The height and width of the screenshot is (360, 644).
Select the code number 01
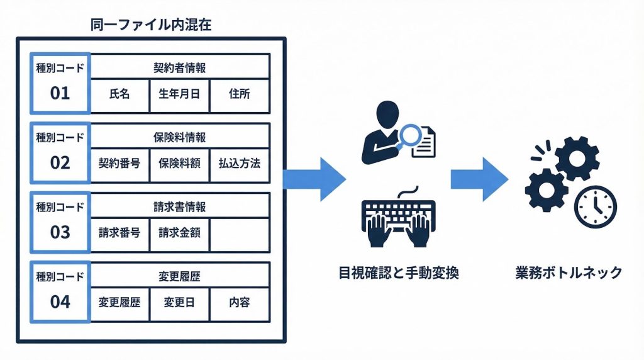pos(60,94)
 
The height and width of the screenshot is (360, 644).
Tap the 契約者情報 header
pos(180,67)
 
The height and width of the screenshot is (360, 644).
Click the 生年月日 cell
pos(179,94)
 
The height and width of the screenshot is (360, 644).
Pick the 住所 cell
pos(239,94)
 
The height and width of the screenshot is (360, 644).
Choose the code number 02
pos(60,163)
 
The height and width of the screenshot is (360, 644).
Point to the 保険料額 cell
pos(179,164)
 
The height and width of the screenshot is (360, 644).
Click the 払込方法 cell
pos(239,164)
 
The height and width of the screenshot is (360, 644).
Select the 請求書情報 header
pos(180,206)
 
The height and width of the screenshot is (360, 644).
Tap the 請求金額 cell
pos(179,232)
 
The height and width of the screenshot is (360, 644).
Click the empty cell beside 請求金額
pos(239,232)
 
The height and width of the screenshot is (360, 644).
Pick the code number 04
pos(60,301)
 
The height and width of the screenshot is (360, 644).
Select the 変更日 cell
pos(179,302)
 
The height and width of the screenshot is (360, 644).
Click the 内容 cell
pos(239,302)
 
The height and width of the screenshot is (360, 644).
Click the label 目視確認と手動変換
pos(397,273)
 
